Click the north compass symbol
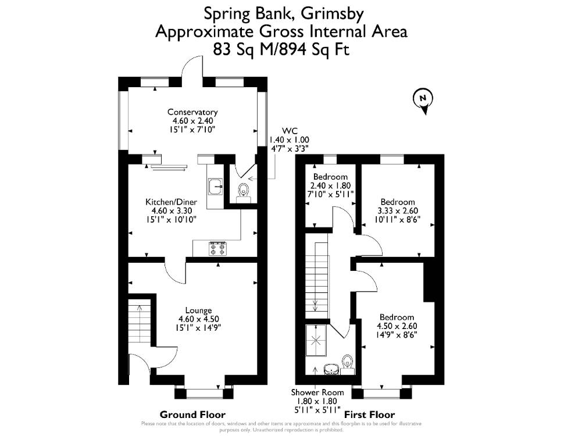tap(423, 99)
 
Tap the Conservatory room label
tap(192, 112)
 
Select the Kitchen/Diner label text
tap(171, 202)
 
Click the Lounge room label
tap(198, 310)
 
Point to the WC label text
tap(290, 131)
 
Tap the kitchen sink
tap(216, 187)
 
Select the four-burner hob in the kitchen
tap(217, 249)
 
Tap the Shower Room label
tap(317, 392)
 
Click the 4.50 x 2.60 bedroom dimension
tap(397, 326)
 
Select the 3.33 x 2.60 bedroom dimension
tap(398, 210)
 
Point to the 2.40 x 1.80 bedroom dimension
tap(330, 185)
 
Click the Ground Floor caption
tap(192, 414)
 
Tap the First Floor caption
tap(370, 414)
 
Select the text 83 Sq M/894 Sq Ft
tap(281, 49)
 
